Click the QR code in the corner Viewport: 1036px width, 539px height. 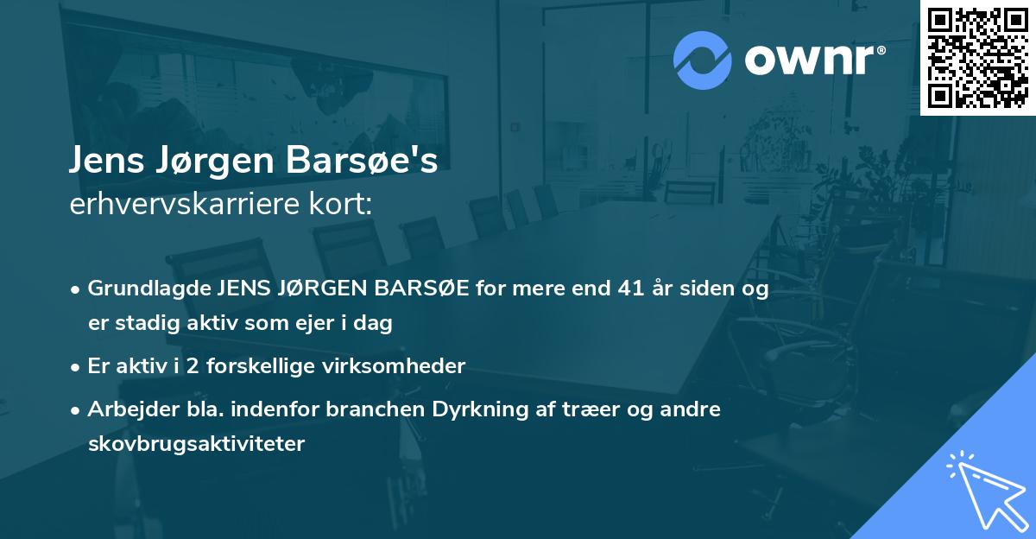[977, 57]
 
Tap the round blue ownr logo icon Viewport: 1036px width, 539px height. [703, 60]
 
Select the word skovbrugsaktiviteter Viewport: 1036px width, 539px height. [196, 445]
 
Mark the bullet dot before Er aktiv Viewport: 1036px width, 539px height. [77, 366]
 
